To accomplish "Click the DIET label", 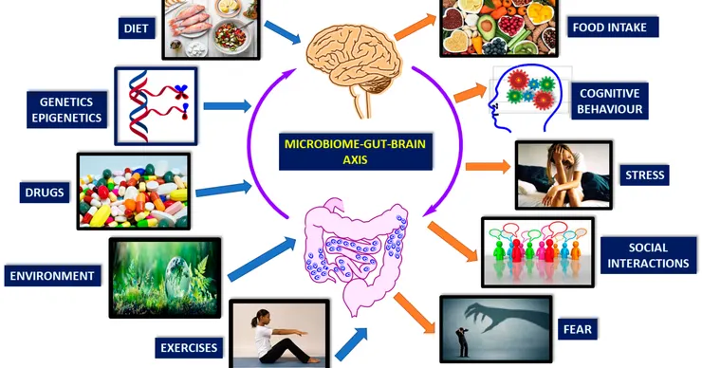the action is [137, 28].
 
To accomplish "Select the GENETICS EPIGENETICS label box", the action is [66, 110].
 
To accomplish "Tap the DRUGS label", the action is [45, 193].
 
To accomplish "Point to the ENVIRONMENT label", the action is [52, 276].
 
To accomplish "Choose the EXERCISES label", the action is [189, 348].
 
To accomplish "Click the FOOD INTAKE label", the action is [610, 28].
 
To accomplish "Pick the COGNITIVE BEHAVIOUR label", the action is [610, 101].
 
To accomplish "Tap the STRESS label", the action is [645, 175].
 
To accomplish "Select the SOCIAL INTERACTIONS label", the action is [648, 255].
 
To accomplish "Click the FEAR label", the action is [578, 329].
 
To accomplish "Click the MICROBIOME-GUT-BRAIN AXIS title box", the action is [356, 152].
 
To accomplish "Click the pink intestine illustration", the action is [356, 255].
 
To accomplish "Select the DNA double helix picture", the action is [156, 106].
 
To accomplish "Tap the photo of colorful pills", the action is [134, 192].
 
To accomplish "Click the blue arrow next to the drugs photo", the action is [223, 189].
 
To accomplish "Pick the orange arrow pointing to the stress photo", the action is [488, 167].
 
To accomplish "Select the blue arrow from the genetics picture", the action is [228, 106].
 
